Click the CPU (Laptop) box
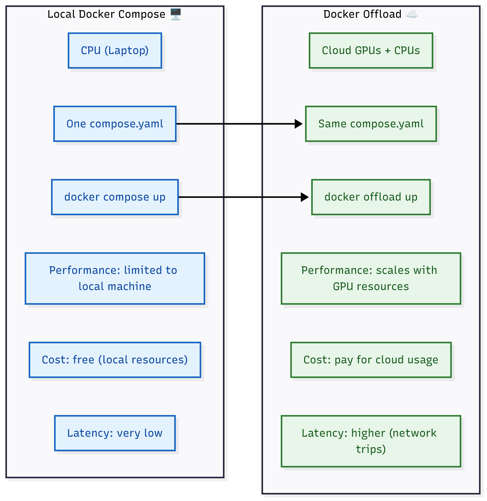(115, 50)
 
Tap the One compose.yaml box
(115, 124)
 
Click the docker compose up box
(115, 197)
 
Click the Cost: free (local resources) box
(115, 360)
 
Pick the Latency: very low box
(115, 433)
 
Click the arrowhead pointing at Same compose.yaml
(298, 124)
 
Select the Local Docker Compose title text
(106, 14)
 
